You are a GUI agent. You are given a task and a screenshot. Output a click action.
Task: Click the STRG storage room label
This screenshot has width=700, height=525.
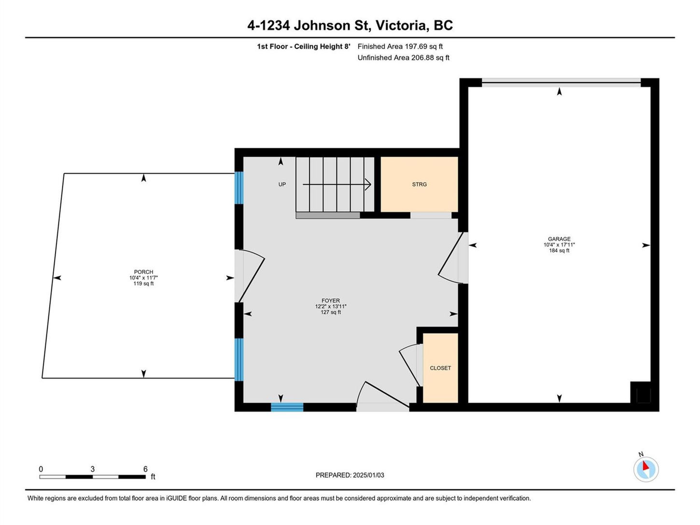pyautogui.click(x=419, y=184)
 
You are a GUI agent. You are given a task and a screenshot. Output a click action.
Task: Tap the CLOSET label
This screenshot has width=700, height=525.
pyautogui.click(x=440, y=368)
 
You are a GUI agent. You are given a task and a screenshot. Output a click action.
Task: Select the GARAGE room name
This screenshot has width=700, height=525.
pyautogui.click(x=559, y=239)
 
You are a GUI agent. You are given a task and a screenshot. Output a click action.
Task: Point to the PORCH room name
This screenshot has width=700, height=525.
pyautogui.click(x=143, y=272)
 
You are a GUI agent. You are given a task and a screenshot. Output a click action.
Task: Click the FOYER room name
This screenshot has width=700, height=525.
pyautogui.click(x=331, y=300)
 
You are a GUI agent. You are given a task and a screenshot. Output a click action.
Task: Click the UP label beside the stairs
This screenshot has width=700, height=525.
pyautogui.click(x=282, y=184)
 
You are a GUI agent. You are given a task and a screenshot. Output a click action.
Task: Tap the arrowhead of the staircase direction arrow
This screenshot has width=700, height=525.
pyautogui.click(x=368, y=184)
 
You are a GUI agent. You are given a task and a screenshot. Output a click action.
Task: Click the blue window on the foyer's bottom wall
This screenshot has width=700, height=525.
pyautogui.click(x=287, y=407)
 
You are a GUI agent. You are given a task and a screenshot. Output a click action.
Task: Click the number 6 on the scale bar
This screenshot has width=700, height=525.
pyautogui.click(x=145, y=469)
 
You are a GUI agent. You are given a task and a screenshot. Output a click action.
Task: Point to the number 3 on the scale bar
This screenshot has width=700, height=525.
pyautogui.click(x=93, y=469)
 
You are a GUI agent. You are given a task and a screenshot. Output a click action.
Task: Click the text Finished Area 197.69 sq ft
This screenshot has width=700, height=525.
pyautogui.click(x=400, y=46)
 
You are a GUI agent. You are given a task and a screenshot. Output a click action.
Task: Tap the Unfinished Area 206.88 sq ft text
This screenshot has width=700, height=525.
pyautogui.click(x=404, y=58)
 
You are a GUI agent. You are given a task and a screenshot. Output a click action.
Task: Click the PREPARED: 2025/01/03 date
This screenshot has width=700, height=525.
pyautogui.click(x=350, y=475)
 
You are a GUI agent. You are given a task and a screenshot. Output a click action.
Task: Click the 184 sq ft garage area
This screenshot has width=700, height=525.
pyautogui.click(x=559, y=251)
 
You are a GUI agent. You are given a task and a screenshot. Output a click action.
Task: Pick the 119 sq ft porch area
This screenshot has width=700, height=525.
pyautogui.click(x=143, y=284)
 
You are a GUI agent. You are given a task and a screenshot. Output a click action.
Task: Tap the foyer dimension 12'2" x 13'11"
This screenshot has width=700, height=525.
pyautogui.click(x=331, y=307)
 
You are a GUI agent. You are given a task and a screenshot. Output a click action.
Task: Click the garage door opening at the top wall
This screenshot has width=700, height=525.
pyautogui.click(x=561, y=83)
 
